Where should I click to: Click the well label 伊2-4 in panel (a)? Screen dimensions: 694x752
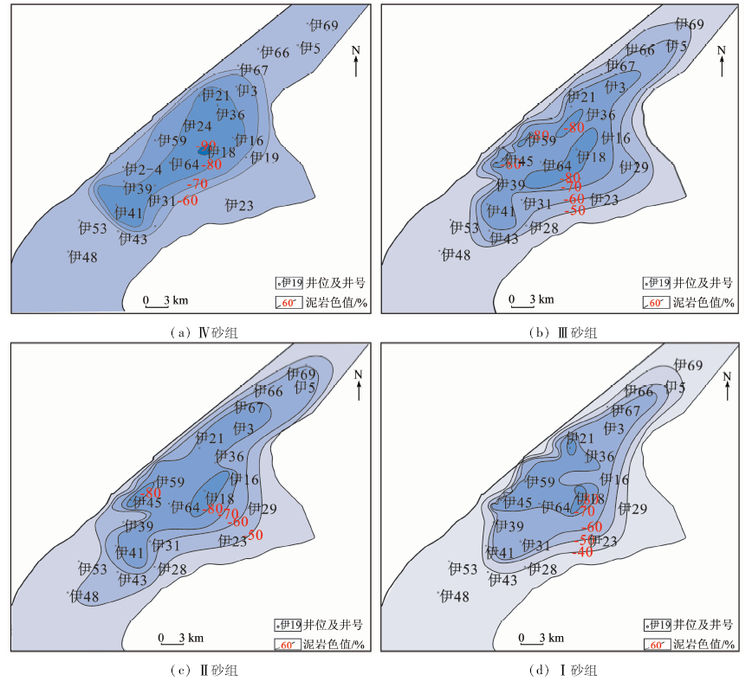point(143,170)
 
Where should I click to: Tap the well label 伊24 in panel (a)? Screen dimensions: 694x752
point(198,126)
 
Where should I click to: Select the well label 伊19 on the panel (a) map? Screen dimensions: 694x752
point(264,157)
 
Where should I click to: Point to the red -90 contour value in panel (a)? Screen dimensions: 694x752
point(209,145)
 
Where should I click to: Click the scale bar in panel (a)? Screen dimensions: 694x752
point(165,301)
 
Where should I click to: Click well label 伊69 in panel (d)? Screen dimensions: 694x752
point(689,365)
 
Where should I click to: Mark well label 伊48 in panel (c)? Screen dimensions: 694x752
point(84,596)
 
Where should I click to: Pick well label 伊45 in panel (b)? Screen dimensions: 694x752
point(519,161)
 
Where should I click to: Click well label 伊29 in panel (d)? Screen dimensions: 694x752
point(635,509)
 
